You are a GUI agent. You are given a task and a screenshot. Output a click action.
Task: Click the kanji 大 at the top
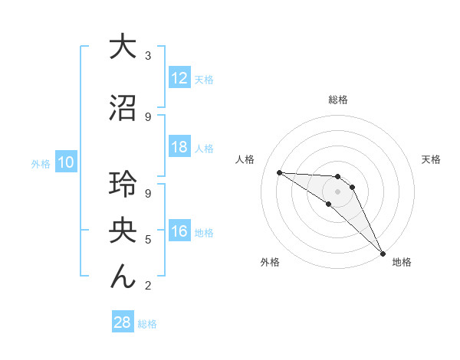pos(123,47)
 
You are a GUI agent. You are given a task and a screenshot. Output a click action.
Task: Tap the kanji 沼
pos(123,108)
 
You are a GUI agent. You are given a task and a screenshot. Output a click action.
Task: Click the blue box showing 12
pos(179,79)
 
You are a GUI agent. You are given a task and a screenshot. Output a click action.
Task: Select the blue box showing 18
pos(179,148)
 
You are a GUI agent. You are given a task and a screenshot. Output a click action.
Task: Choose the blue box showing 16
pos(179,232)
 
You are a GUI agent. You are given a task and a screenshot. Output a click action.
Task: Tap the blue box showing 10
pos(65,162)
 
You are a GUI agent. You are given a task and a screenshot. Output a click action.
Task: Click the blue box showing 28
pos(122,323)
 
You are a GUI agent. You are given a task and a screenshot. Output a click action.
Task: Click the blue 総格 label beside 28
pos(148,324)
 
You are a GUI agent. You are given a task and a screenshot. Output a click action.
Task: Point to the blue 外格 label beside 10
pos(40,163)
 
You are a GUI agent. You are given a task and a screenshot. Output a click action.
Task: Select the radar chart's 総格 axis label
pos(338,100)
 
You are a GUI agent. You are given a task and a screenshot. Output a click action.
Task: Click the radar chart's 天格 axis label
pos(432,159)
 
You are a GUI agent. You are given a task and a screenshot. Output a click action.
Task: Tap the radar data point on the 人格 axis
pos(279,172)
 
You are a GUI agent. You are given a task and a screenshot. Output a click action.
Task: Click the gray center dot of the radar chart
pos(338,191)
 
